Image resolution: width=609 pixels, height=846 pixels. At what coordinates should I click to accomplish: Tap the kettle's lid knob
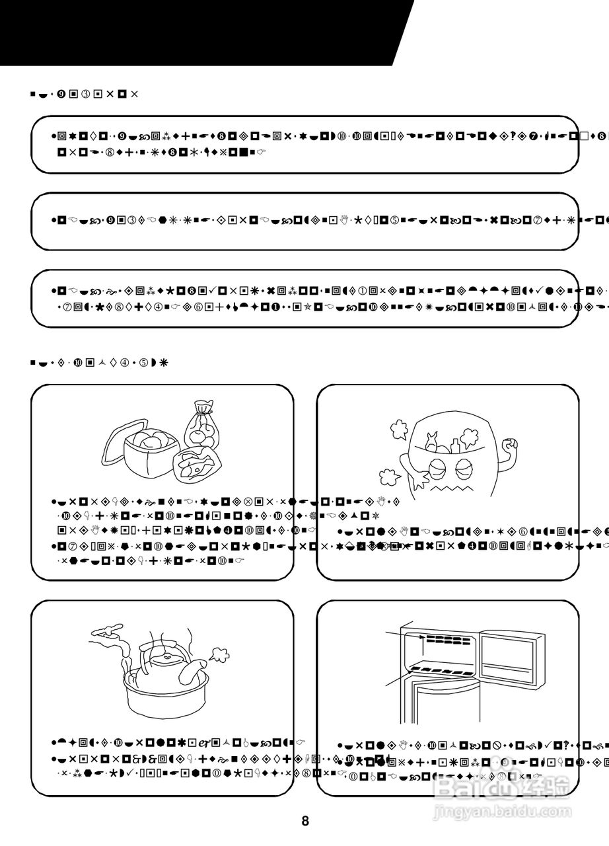[x=168, y=656]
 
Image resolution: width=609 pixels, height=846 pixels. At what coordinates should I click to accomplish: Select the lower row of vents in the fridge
[x=439, y=671]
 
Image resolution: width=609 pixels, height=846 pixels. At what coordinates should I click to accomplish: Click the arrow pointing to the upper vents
[x=403, y=636]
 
